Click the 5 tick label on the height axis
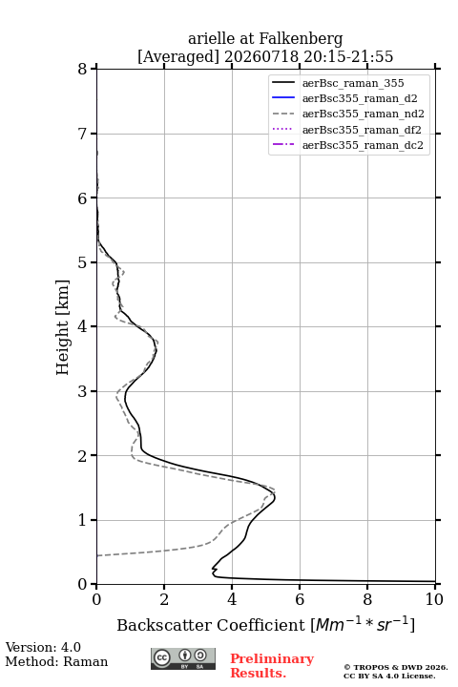(82, 262)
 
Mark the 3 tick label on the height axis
(82, 391)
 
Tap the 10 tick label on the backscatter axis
(434, 599)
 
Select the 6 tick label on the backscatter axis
(300, 599)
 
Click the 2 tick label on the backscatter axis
(164, 599)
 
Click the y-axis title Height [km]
(63, 327)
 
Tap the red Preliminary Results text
(272, 665)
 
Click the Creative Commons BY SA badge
(183, 659)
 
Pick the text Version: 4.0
(43, 647)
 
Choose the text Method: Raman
(56, 661)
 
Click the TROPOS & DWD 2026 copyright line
(396, 667)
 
